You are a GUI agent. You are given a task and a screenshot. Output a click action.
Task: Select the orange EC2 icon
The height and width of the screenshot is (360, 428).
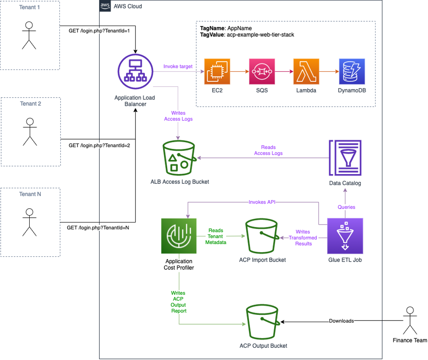(x=217, y=72)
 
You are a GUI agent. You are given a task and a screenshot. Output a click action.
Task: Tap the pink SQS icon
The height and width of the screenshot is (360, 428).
(x=262, y=72)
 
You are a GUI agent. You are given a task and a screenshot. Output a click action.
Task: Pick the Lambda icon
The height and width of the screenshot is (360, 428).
(x=306, y=72)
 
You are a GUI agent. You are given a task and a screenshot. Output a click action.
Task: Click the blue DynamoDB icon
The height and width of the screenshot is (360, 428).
(x=352, y=72)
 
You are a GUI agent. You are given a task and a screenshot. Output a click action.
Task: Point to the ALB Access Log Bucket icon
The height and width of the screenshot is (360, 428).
(x=179, y=157)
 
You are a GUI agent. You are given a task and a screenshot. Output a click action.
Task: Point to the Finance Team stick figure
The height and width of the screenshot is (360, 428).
(x=410, y=321)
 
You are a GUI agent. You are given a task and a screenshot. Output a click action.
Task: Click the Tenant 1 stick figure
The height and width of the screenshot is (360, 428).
(x=28, y=35)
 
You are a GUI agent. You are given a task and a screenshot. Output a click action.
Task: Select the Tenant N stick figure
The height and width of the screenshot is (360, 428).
(x=28, y=222)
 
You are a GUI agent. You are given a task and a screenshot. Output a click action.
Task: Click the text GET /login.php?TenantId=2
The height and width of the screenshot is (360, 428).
(x=99, y=146)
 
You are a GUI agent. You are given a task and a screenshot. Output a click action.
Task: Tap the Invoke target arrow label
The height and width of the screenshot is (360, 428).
(x=178, y=66)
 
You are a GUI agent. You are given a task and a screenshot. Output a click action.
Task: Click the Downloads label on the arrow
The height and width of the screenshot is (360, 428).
(x=341, y=321)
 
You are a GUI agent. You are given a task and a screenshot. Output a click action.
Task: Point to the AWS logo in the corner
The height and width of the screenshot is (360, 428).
(x=105, y=6)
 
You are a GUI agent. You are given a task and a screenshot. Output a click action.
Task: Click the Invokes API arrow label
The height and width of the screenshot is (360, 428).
(x=263, y=202)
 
